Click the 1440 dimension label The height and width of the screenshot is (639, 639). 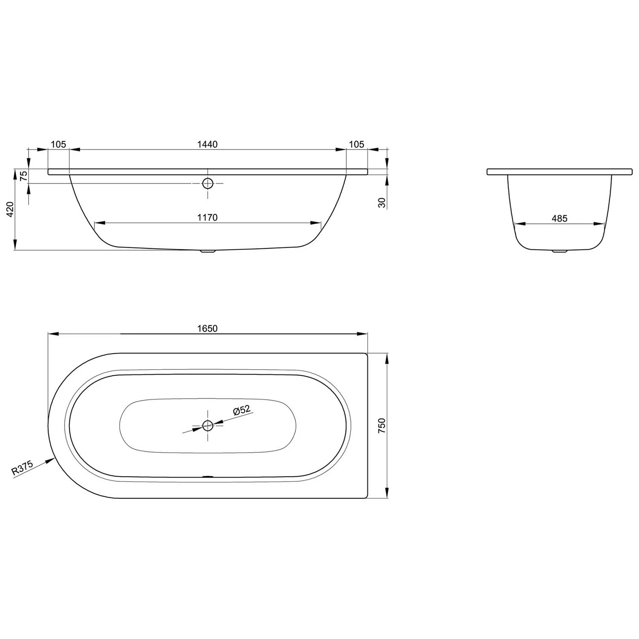(207, 144)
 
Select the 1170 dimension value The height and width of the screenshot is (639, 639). (207, 218)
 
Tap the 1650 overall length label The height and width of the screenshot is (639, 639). (207, 328)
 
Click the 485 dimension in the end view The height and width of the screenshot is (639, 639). (559, 219)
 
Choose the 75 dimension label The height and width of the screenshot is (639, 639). (24, 176)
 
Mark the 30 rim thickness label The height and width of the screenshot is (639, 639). (382, 203)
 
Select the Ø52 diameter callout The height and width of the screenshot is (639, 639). (242, 411)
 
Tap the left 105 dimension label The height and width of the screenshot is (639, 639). (58, 144)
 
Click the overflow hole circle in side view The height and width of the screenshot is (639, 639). (208, 184)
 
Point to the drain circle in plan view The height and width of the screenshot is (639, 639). (208, 425)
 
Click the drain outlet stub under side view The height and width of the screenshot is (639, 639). (207, 251)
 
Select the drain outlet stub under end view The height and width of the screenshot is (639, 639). (559, 251)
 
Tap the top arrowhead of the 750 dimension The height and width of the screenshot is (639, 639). (387, 358)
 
